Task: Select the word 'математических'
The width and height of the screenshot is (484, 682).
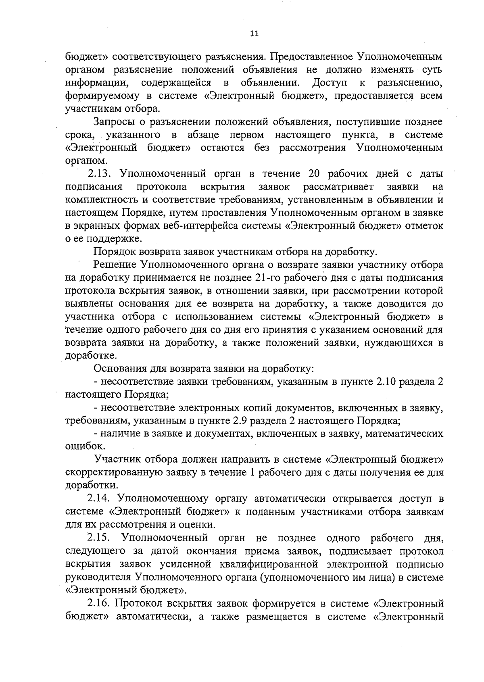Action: click(405, 434)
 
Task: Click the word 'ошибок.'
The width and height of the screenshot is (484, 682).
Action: click(80, 447)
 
